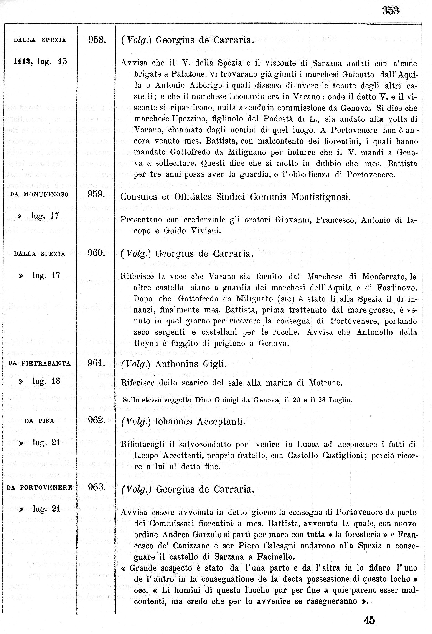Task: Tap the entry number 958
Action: pos(97,40)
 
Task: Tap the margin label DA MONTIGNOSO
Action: pos(39,194)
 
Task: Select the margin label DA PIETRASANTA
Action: pos(40,364)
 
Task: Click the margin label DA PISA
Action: pos(39,421)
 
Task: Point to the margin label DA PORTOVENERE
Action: pos(40,487)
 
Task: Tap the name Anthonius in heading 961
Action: pos(177,364)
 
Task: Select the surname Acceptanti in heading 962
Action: pos(221,422)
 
